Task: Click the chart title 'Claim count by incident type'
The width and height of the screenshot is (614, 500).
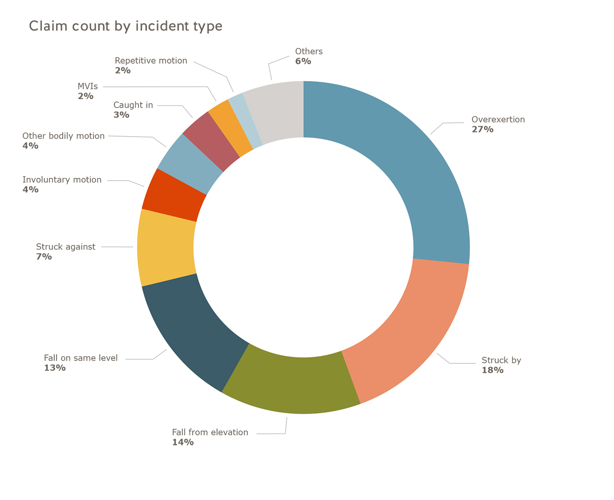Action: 125,26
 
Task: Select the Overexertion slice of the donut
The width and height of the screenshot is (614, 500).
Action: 414,169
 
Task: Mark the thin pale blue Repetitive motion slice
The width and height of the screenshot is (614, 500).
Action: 245,120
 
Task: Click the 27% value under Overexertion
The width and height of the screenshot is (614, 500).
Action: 482,129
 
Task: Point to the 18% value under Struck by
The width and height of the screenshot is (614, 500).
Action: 492,370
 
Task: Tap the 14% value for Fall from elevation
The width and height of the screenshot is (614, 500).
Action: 182,442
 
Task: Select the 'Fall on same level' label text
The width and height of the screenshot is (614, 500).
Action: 81,358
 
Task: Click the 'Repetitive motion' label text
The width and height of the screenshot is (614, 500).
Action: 151,60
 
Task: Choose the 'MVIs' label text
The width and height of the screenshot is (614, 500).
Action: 88,86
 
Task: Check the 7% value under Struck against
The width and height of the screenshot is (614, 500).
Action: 44,257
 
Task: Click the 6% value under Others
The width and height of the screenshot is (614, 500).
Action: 303,61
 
